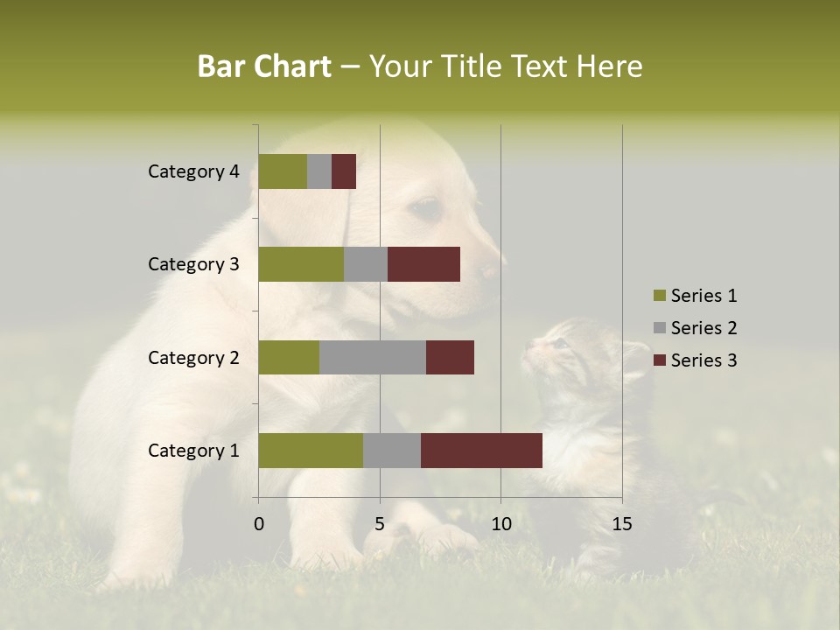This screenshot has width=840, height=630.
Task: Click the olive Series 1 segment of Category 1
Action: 311,451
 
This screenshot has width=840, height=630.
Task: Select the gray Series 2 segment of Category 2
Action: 373,357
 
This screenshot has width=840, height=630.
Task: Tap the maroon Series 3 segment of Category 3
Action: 423,264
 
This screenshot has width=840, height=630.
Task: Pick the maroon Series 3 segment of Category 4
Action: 344,171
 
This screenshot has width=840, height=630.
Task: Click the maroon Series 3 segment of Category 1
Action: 481,451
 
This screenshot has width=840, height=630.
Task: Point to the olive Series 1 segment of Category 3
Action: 301,264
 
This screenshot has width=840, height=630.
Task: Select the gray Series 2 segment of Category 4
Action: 319,171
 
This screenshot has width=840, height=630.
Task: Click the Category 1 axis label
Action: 193,451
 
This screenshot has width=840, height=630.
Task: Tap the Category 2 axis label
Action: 193,357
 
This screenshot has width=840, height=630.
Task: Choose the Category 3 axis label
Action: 193,264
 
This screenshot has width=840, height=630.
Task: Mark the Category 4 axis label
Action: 193,171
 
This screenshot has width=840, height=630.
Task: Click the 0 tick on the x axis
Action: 259,524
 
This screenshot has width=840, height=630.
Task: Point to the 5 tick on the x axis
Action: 380,524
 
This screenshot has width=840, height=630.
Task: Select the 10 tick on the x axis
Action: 500,524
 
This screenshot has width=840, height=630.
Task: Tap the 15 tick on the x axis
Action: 622,524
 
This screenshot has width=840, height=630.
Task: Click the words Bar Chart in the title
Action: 264,66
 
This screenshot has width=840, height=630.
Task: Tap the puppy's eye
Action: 427,208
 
